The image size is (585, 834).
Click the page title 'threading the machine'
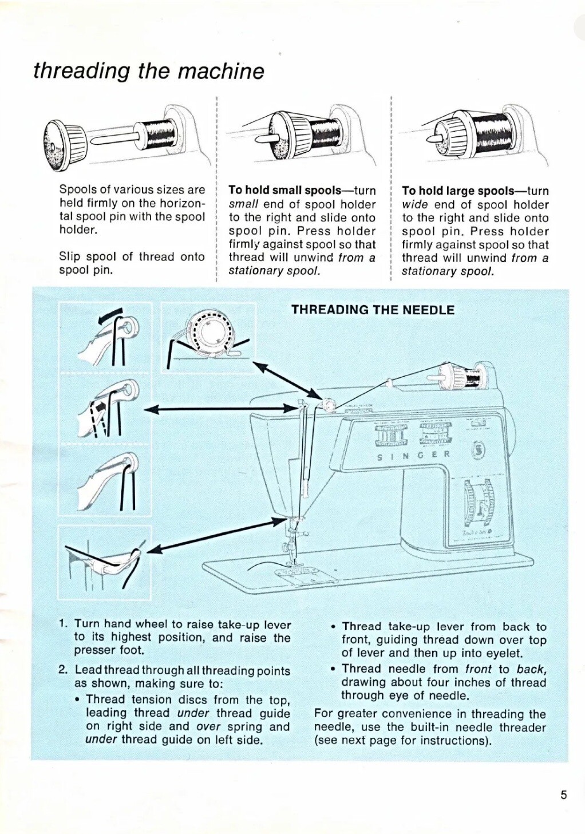pos(149,71)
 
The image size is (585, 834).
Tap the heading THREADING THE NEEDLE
pos(373,310)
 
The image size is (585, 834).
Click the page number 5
pos(563,795)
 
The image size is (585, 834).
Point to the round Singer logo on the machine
pos(477,452)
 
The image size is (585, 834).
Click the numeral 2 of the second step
pos(63,670)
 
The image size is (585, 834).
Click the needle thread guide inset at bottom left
pos(105,562)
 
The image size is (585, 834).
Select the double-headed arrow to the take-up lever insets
pos(218,408)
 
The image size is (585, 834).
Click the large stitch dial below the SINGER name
pos(479,503)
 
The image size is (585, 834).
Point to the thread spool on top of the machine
pos(473,378)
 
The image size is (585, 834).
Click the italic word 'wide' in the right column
pos(415,204)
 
